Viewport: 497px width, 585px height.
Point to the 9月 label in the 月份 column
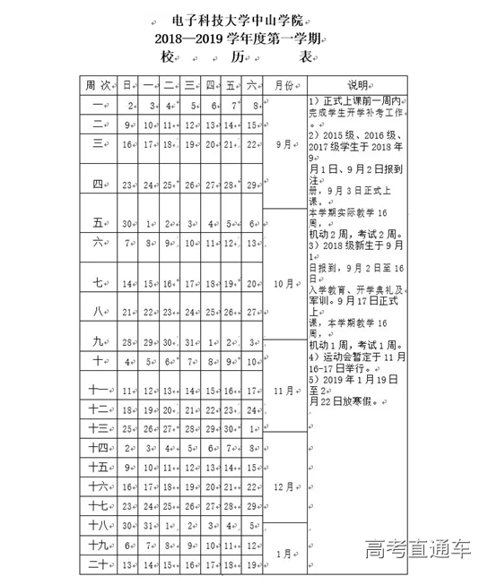(283, 142)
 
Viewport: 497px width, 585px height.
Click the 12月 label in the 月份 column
(283, 486)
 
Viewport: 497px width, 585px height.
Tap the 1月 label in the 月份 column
(283, 553)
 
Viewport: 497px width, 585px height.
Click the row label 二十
(99, 564)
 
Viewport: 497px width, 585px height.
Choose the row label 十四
(99, 447)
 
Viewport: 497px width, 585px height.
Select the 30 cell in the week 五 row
(127, 224)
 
